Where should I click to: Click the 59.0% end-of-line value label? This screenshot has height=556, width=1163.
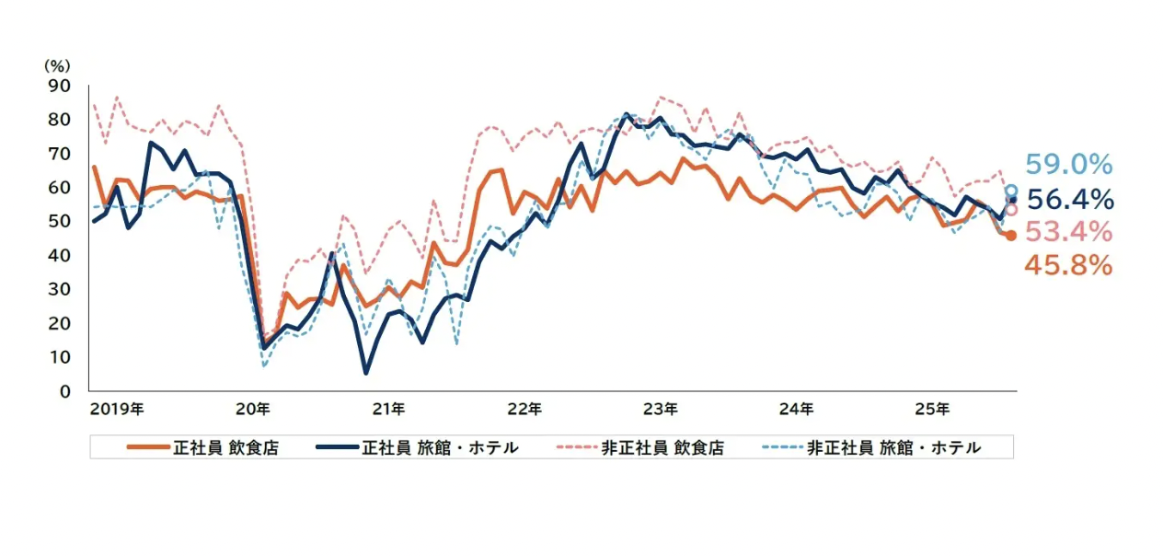(1069, 166)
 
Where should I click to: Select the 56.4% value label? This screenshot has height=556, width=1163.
(1069, 199)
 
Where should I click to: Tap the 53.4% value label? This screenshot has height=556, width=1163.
(1069, 231)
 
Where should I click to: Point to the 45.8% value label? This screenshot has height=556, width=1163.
(1069, 265)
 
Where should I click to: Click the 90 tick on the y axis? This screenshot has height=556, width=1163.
(60, 86)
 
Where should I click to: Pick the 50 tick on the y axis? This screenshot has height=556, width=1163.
(60, 222)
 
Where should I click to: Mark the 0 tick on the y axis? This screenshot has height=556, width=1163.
(64, 391)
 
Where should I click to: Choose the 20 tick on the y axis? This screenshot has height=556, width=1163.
(60, 323)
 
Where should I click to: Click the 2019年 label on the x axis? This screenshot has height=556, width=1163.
(117, 408)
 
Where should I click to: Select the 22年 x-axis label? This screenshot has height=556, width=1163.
(524, 408)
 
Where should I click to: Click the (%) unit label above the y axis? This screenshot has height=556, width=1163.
(57, 67)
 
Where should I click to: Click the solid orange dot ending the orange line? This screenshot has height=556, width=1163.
(1010, 236)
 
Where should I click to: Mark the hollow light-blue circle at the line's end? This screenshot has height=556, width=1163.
(1011, 191)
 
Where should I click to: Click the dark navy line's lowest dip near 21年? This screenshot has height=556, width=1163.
(366, 373)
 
